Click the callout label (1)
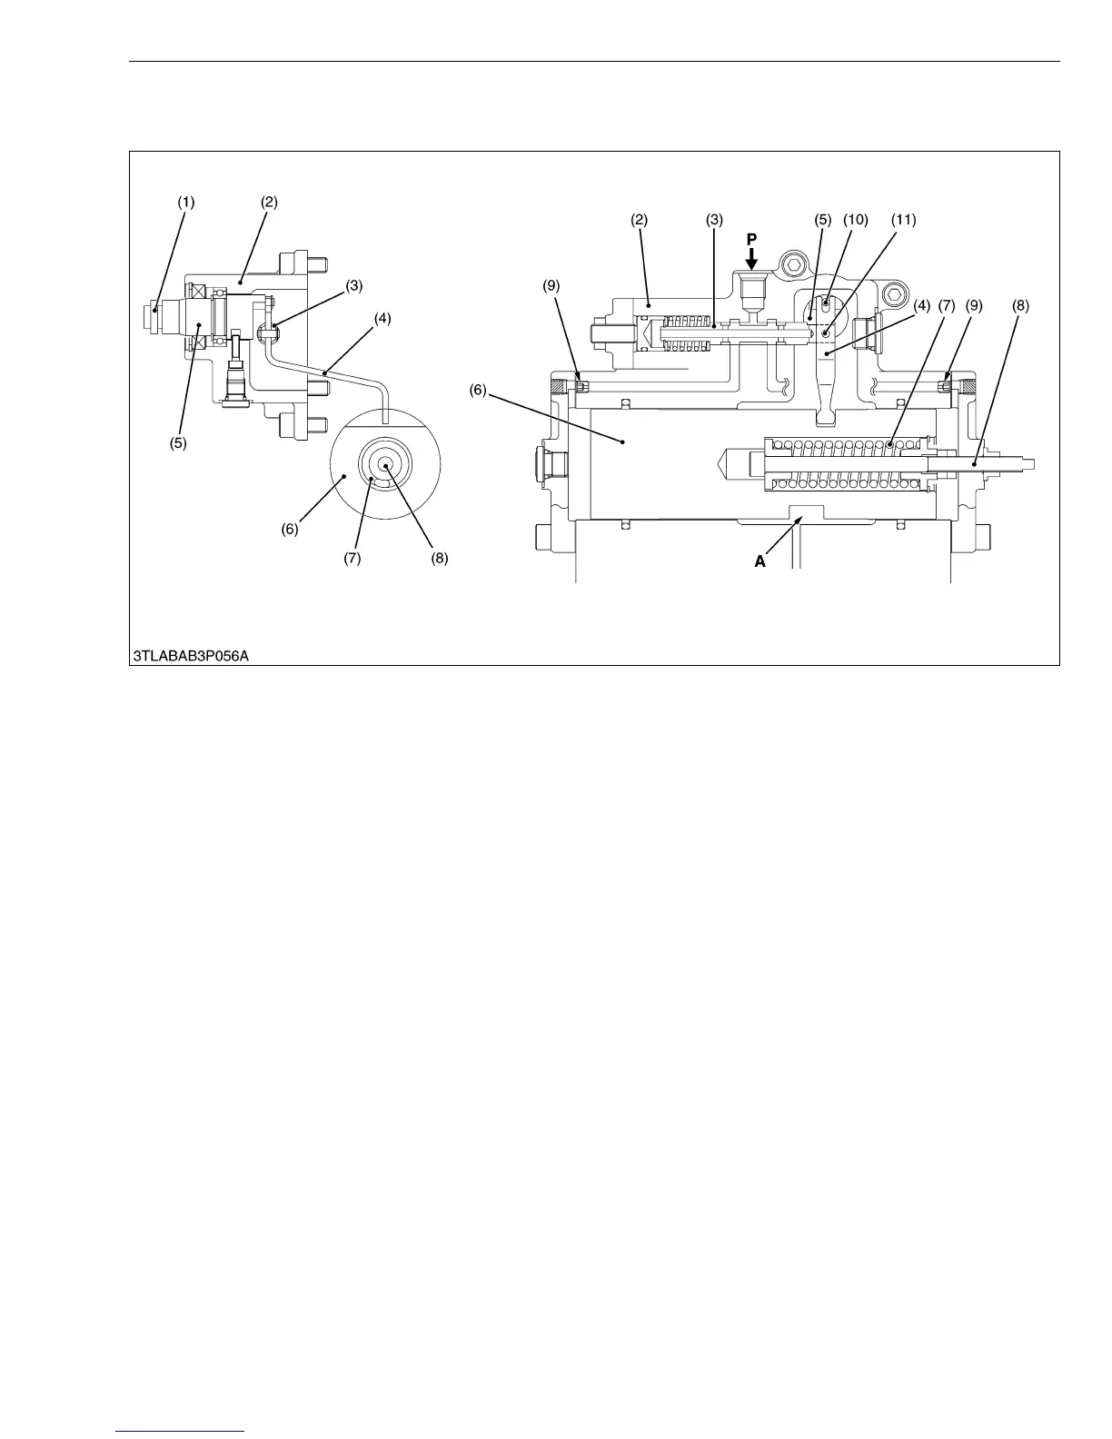(x=185, y=203)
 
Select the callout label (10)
(x=855, y=220)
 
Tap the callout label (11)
(x=903, y=220)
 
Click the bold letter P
(x=751, y=238)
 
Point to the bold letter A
(x=760, y=562)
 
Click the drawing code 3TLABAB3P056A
(x=190, y=654)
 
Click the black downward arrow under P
(x=751, y=259)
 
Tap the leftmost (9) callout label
(x=551, y=286)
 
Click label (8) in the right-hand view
(x=1020, y=306)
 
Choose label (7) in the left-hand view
(x=352, y=559)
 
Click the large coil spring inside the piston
(x=845, y=464)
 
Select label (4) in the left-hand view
(x=382, y=319)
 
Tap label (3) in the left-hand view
(x=353, y=284)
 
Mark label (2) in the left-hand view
(x=269, y=203)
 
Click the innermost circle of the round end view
(x=385, y=465)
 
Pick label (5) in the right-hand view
(x=823, y=220)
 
